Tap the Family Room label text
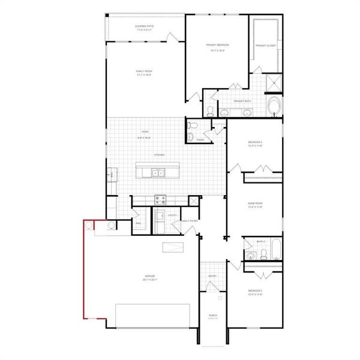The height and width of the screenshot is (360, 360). pos(145,71)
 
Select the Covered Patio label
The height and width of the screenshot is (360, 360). pos(145,27)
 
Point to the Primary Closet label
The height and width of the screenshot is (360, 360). pos(265,46)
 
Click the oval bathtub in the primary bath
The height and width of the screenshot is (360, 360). pos(274,107)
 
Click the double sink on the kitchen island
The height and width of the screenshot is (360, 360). pos(158,173)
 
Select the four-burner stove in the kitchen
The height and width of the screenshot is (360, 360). pos(160,199)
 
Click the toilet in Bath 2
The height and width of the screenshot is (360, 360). pos(250,256)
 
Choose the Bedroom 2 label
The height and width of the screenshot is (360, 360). pos(256,291)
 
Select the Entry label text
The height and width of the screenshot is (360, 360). pos(212,276)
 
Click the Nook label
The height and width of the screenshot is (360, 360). pos(145,131)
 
